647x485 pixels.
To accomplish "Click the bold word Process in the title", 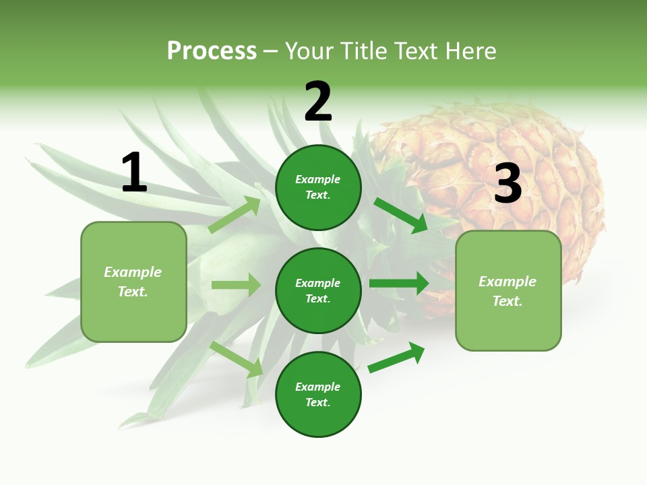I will [x=212, y=51].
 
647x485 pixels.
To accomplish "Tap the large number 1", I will [x=133, y=173].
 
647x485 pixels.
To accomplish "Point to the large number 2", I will [x=318, y=102].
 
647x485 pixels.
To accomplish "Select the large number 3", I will [x=507, y=184].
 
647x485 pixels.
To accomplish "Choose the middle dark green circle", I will [x=318, y=291].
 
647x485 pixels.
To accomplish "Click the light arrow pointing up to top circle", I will [x=235, y=214].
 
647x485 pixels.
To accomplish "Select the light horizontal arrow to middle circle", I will [x=236, y=285].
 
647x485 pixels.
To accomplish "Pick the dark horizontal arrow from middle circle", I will [x=399, y=283].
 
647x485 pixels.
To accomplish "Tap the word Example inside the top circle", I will [x=317, y=180].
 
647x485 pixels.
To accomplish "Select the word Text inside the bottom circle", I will [x=317, y=402].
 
